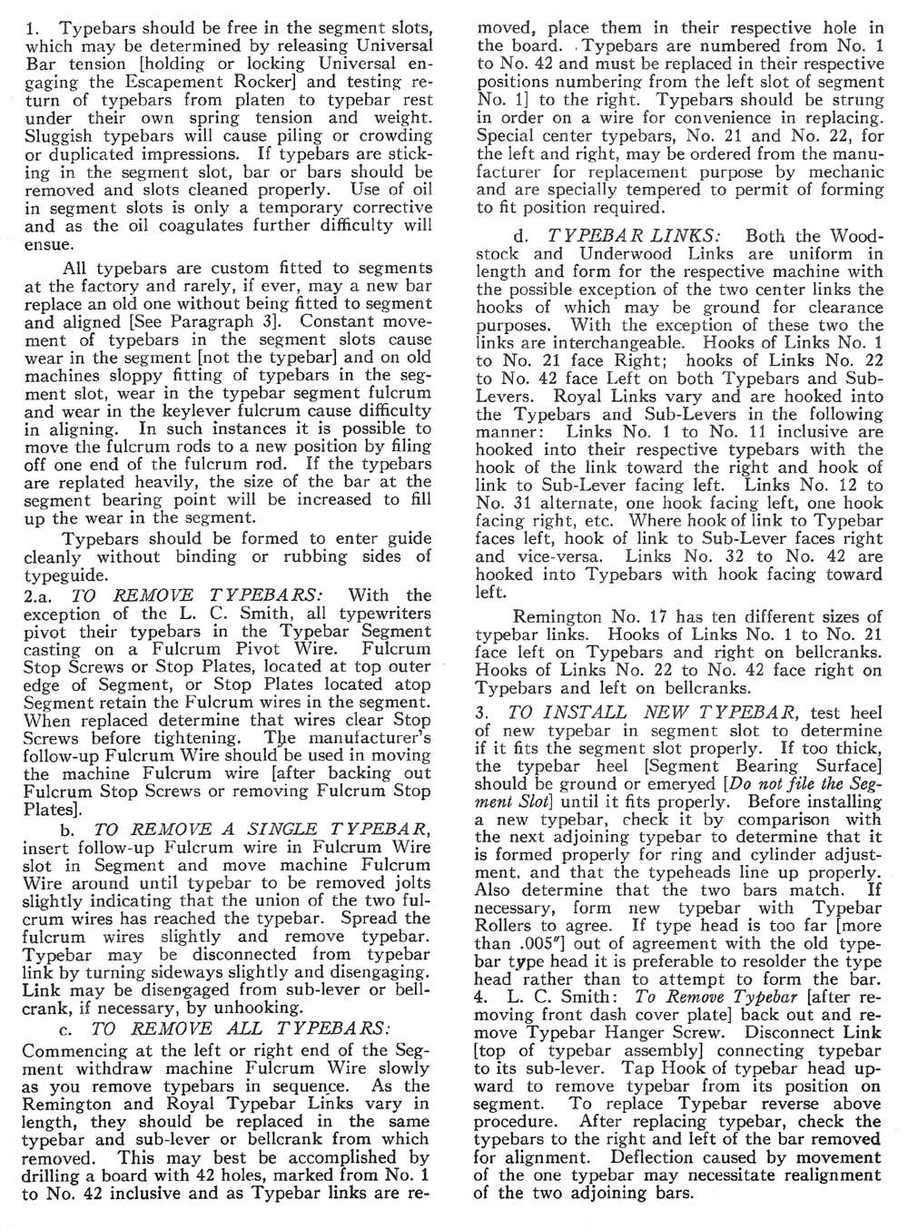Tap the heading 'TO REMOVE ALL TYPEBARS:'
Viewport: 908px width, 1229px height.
(241, 1029)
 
